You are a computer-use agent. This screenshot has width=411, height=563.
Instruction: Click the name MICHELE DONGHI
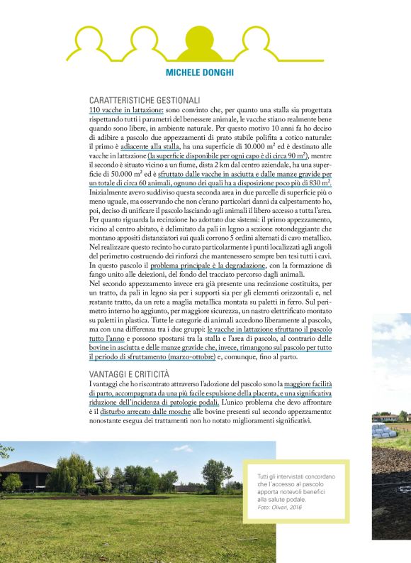205,73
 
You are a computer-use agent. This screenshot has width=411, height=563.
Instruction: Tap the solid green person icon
205,43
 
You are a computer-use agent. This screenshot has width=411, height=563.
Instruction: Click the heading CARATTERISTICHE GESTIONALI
145,102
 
